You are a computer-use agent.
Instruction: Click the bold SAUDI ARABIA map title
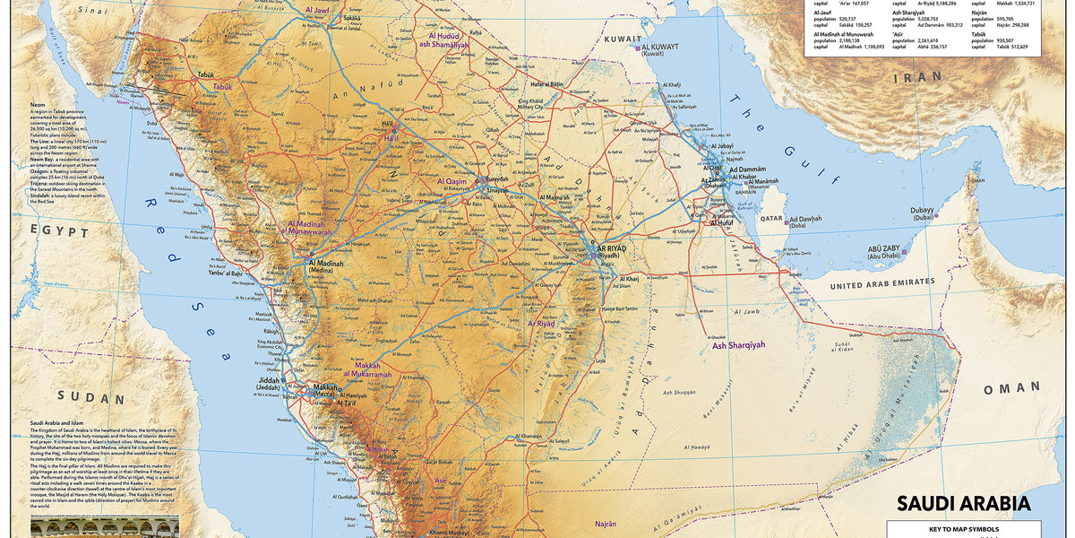964,503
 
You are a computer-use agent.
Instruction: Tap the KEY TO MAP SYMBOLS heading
964,529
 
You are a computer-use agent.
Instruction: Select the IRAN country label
918,78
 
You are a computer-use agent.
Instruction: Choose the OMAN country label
1011,388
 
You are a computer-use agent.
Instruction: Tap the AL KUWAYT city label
665,47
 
